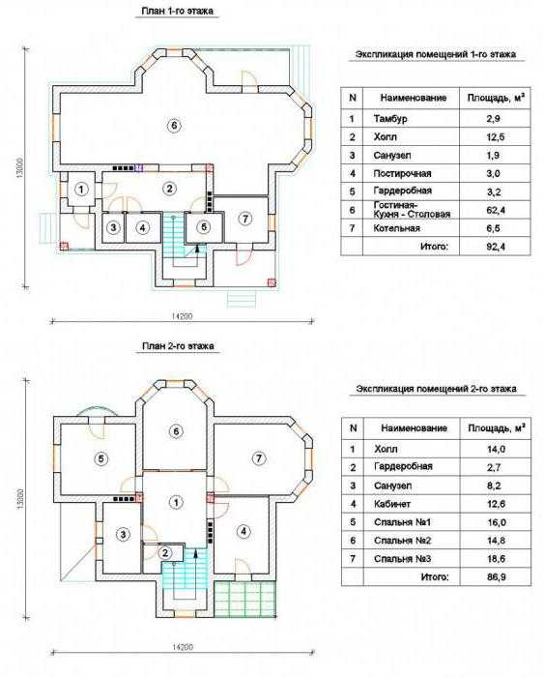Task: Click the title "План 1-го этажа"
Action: click(177, 11)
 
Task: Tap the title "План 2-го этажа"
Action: click(178, 346)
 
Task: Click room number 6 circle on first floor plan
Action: click(174, 125)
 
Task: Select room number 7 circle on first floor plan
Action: click(245, 219)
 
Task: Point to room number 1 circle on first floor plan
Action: click(80, 189)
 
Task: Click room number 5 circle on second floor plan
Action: click(100, 458)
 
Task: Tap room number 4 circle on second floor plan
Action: click(243, 531)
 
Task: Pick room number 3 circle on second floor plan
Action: click(123, 535)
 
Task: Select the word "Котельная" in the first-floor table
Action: click(396, 228)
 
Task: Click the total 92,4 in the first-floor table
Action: click(496, 247)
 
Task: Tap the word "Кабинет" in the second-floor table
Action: click(392, 504)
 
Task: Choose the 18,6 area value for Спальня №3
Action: click(496, 559)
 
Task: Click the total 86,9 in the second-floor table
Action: click(496, 576)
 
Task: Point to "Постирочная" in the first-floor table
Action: click(402, 173)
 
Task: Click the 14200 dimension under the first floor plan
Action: click(182, 316)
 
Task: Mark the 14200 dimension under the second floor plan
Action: click(182, 647)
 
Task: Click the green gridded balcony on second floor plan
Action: click(245, 599)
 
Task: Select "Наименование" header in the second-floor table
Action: click(414, 428)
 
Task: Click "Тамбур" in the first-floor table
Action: click(390, 118)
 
